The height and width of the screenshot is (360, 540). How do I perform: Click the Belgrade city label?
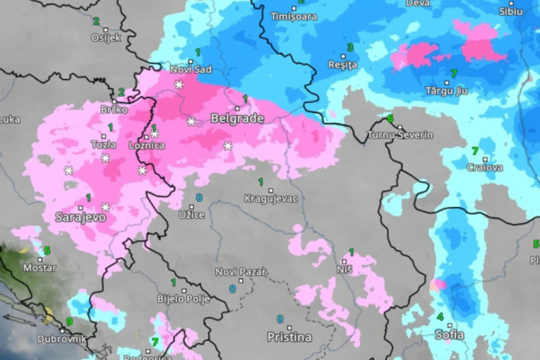(237, 119)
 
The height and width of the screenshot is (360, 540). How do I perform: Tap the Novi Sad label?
(191, 68)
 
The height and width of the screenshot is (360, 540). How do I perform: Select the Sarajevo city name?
(80, 217)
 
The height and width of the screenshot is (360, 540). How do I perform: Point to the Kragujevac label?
(270, 198)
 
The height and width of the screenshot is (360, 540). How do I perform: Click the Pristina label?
(289, 337)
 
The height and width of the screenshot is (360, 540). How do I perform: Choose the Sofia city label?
(449, 335)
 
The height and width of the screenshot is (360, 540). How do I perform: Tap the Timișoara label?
(294, 16)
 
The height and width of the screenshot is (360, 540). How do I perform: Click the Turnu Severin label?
(400, 135)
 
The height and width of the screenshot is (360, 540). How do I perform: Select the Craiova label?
(485, 167)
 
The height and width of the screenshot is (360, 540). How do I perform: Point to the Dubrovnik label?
(62, 339)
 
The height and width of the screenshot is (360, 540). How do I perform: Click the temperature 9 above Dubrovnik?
(68, 322)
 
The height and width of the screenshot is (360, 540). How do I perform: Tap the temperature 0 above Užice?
(199, 198)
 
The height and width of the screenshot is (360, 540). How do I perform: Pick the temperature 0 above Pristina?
(280, 319)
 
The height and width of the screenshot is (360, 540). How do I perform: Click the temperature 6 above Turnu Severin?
(390, 118)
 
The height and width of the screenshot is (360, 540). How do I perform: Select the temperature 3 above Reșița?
(350, 47)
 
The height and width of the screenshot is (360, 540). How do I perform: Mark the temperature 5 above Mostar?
(47, 251)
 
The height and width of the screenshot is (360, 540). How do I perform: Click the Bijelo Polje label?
(184, 299)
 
